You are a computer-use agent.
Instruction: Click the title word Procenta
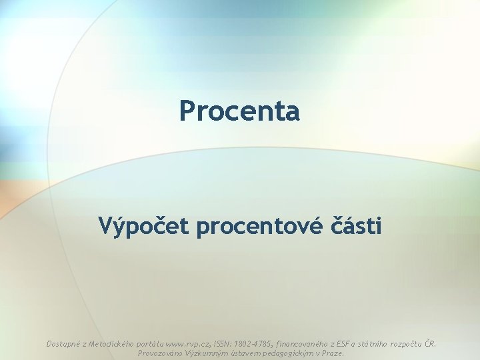pos(239,111)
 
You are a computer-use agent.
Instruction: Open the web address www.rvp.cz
pos(188,344)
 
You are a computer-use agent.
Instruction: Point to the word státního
pos(378,344)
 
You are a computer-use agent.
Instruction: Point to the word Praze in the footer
pos(333,353)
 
